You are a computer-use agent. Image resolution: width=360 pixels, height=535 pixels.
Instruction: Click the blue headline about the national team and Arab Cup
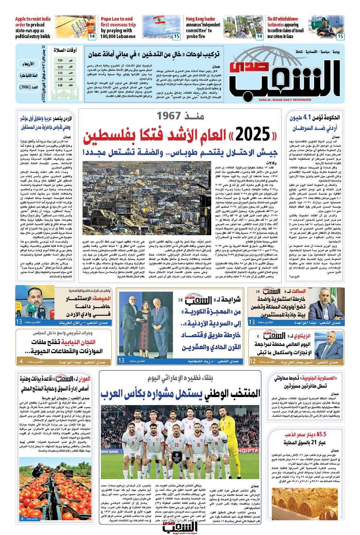180,393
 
